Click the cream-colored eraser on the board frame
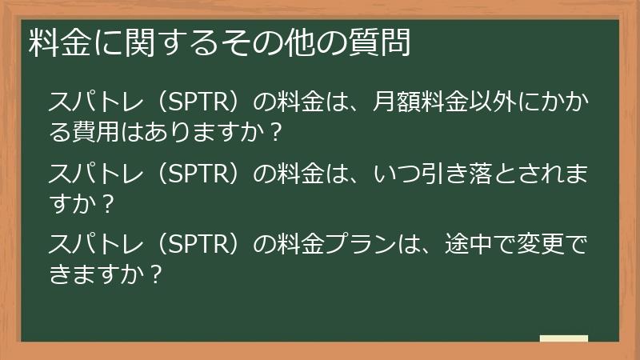(x=563, y=339)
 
